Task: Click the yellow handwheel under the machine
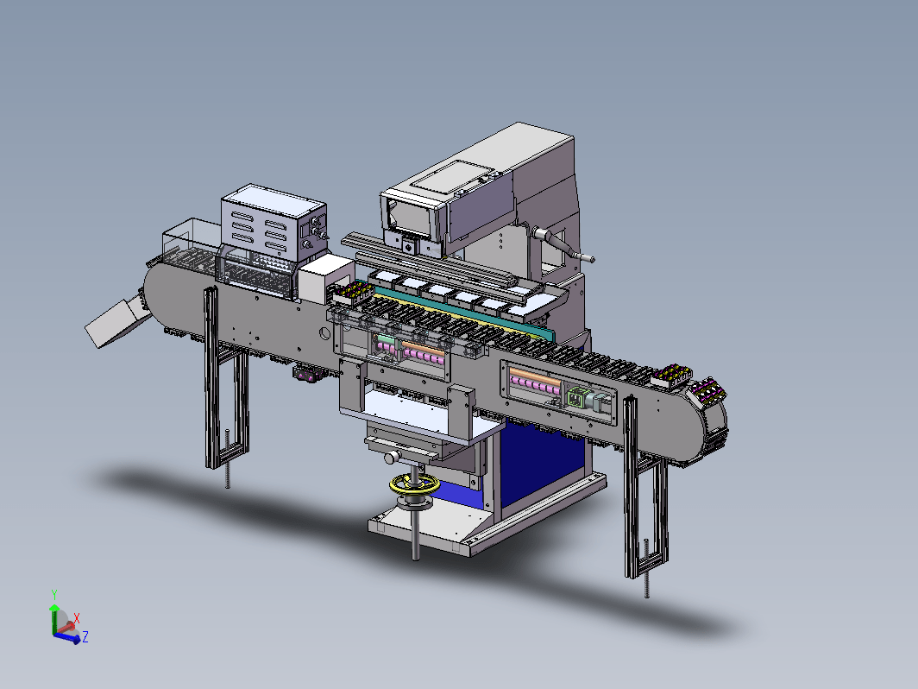(414, 484)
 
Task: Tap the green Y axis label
(54, 595)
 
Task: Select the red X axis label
(77, 617)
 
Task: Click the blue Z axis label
(85, 637)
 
